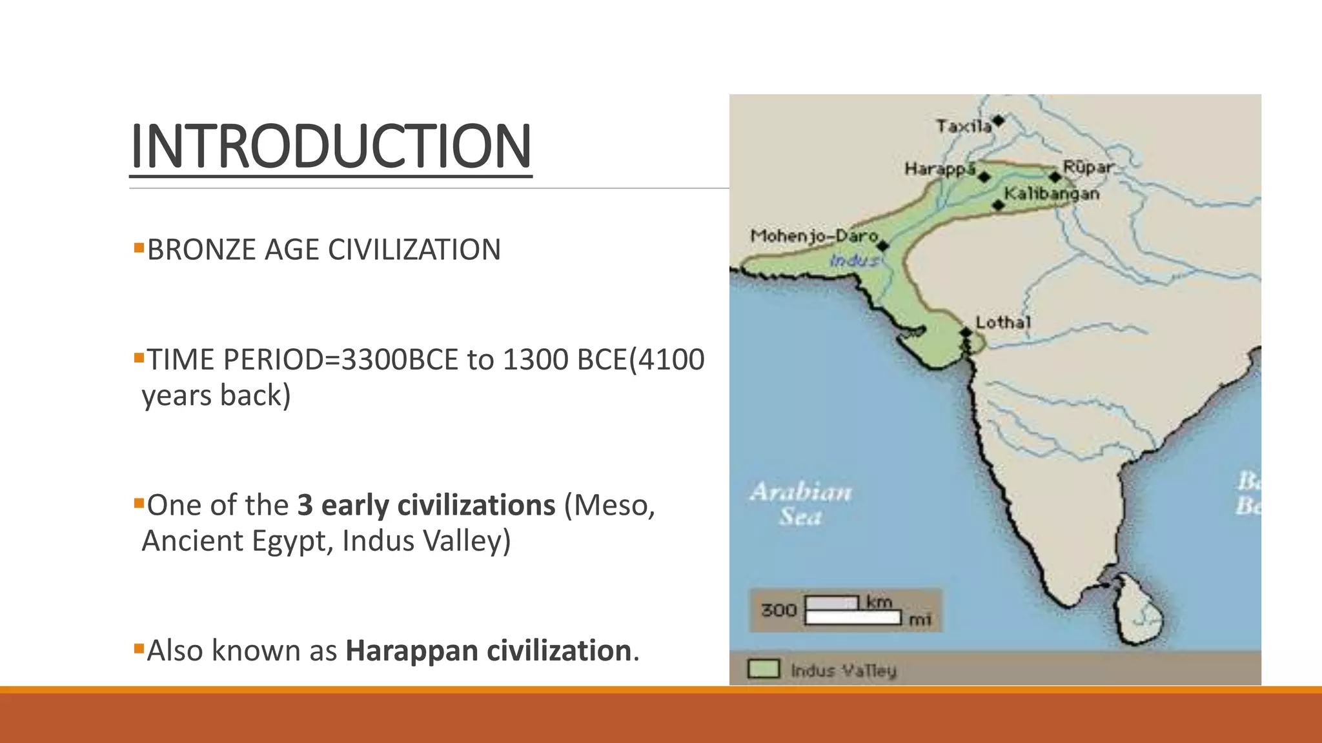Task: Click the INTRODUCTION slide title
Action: click(330, 146)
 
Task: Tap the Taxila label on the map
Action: click(963, 126)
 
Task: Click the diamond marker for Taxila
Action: click(999, 121)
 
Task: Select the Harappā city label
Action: click(940, 170)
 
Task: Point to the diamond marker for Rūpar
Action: click(1055, 177)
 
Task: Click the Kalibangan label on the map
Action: click(1052, 193)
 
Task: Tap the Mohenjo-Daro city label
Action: click(814, 236)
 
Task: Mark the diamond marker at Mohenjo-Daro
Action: click(883, 246)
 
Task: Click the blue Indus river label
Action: click(854, 261)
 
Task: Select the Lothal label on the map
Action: click(1003, 322)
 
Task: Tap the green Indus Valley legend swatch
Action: click(764, 669)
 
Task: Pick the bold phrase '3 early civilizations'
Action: click(426, 505)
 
